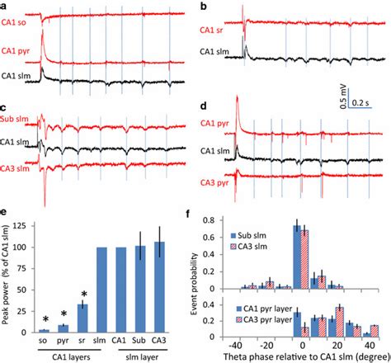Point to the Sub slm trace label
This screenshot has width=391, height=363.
click(x=17, y=121)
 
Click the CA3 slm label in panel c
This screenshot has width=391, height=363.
click(x=17, y=170)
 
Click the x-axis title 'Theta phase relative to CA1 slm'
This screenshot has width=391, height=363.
click(x=300, y=356)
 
